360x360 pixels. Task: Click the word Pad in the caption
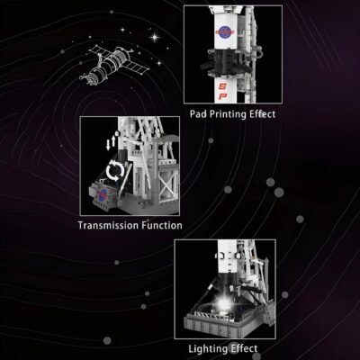pos(199,114)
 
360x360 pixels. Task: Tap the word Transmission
pos(114,226)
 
